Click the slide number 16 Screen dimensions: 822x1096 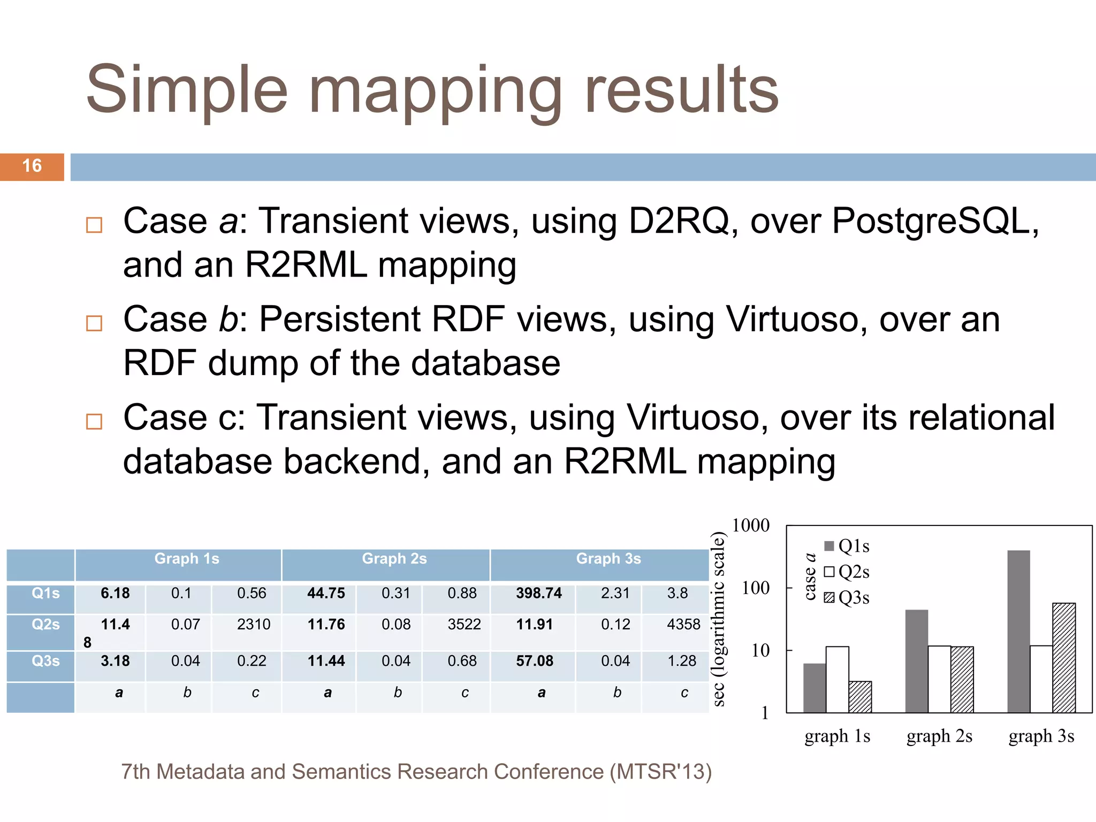[32, 166]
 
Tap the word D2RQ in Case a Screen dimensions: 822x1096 [678, 221]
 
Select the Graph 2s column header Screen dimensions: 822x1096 [394, 559]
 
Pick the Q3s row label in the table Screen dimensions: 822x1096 [45, 661]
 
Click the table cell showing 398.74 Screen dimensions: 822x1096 [539, 593]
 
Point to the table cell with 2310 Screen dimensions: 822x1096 [254, 625]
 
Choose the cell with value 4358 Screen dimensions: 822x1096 [683, 625]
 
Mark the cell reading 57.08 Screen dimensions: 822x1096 [535, 661]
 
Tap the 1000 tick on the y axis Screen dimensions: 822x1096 [751, 526]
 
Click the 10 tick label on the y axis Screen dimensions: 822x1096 [760, 651]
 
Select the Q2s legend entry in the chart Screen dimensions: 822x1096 [848, 572]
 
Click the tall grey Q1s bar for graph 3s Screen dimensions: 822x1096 [1018, 631]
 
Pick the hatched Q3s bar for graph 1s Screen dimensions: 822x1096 [860, 697]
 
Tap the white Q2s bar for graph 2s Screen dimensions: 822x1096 [939, 679]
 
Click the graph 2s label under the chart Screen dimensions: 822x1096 [939, 736]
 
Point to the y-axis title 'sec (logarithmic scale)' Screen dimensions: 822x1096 [719, 619]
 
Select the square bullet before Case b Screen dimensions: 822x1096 [94, 323]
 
